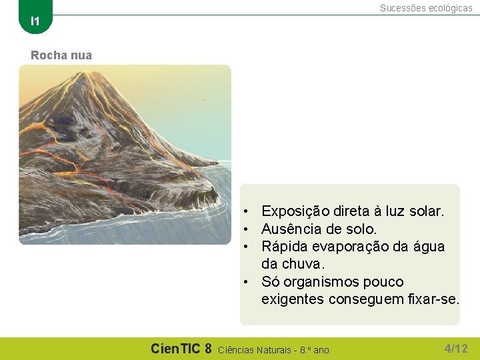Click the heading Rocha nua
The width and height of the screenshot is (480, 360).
click(61, 55)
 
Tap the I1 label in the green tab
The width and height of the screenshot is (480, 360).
click(35, 21)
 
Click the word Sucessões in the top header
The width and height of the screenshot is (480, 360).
click(402, 8)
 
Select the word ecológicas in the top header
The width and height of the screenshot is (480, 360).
click(449, 8)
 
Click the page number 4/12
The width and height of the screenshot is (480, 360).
click(456, 348)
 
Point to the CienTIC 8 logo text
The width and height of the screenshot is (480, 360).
click(181, 348)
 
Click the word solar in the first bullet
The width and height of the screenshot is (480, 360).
click(426, 211)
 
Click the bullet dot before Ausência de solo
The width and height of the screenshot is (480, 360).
click(246, 229)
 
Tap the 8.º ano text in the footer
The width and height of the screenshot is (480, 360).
click(315, 349)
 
